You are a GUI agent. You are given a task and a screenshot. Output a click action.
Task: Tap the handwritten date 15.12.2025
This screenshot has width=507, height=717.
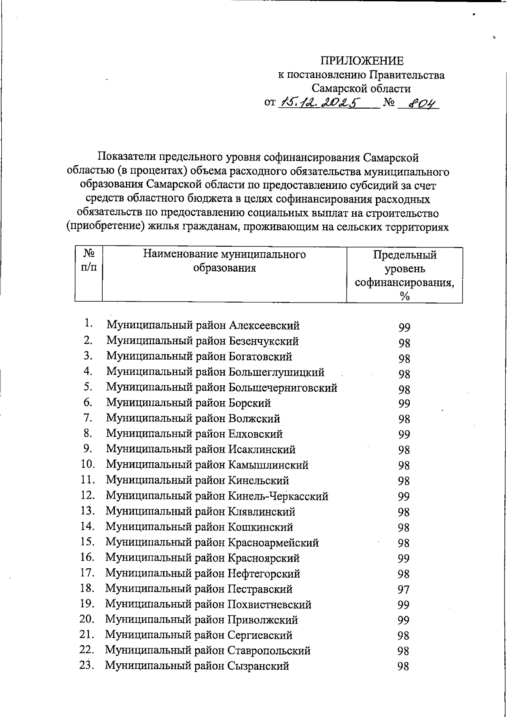[320, 102]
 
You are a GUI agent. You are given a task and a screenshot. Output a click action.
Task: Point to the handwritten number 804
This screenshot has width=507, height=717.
[418, 103]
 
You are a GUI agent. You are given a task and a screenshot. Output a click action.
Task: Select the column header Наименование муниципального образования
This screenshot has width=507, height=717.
[224, 261]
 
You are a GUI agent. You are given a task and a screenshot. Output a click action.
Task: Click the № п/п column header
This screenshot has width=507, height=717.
[88, 260]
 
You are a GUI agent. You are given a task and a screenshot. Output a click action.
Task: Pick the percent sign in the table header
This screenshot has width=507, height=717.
[404, 297]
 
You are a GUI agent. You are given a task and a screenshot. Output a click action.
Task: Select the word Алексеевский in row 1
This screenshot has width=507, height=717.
[264, 326]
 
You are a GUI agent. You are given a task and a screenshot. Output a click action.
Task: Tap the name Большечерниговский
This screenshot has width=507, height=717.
[283, 387]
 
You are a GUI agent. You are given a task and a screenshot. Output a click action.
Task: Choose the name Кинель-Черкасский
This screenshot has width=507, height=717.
[278, 496]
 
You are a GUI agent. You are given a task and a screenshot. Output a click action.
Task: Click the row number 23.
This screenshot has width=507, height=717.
[86, 665]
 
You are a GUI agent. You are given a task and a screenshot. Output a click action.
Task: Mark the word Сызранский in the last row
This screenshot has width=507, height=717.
[258, 666]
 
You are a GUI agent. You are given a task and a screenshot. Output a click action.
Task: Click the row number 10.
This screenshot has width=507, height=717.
[88, 464]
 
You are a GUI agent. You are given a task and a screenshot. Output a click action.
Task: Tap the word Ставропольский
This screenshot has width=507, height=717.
[269, 651]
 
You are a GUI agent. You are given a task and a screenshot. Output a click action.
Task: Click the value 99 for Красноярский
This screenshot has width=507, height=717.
[403, 559]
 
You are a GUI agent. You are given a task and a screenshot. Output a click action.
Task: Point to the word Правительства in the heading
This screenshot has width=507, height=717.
[406, 75]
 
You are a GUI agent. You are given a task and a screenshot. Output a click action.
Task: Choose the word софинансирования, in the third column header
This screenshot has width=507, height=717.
[404, 283]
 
